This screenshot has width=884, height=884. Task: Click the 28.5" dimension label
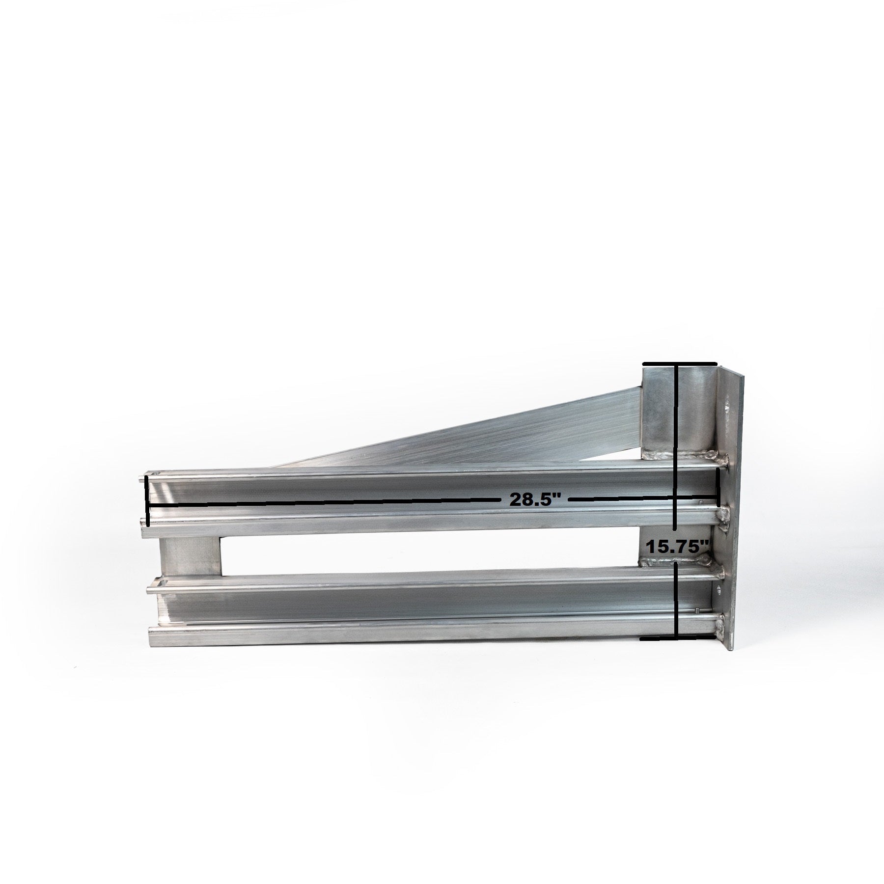pyautogui.click(x=535, y=499)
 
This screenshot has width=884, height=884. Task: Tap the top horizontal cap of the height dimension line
pyautogui.click(x=680, y=363)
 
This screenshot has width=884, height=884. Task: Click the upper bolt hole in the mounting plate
pyautogui.click(x=726, y=408)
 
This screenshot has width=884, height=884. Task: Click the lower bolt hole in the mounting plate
pyautogui.click(x=720, y=590)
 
